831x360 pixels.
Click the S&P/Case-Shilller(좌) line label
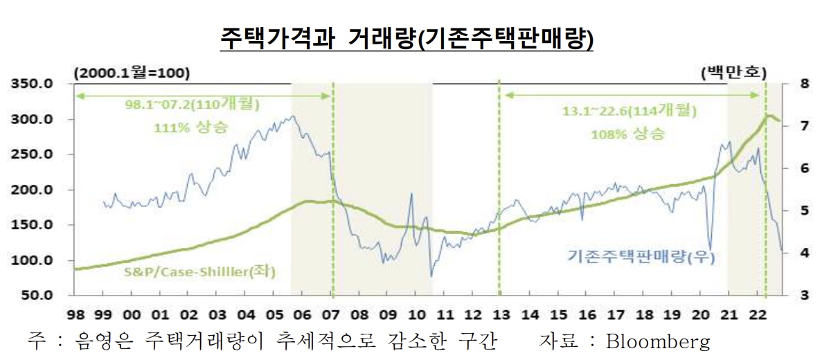(199, 272)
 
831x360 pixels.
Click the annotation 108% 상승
(627, 134)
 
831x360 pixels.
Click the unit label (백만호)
(733, 71)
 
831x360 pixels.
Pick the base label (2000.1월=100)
(132, 71)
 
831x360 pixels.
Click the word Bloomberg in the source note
(658, 341)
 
